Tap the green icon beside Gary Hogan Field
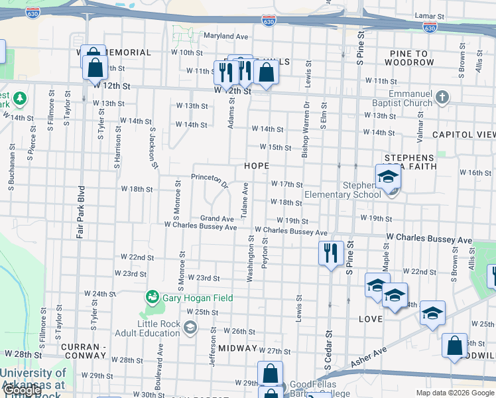[153, 298]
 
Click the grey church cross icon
[442, 98]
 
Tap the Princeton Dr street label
[210, 178]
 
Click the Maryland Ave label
[225, 36]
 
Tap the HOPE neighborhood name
[257, 165]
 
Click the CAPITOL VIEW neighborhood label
[464, 134]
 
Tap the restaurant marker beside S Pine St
[330, 253]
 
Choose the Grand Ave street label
[217, 218]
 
